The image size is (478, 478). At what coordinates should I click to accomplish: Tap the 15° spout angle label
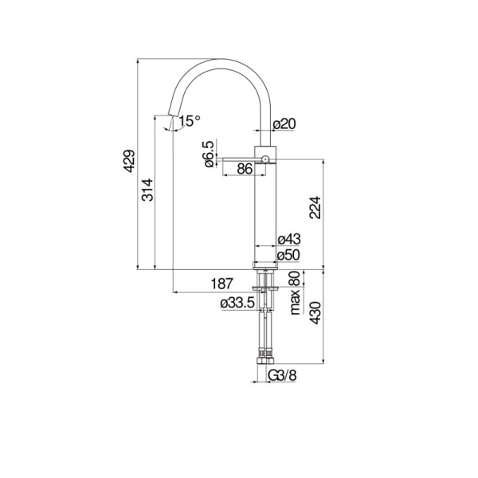[x=190, y=121]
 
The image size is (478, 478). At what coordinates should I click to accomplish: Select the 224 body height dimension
[x=316, y=209]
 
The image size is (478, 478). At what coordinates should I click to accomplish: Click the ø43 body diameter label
[x=288, y=240]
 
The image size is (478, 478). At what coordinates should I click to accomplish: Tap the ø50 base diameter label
[x=288, y=255]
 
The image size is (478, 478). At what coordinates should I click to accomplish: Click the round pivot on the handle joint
[x=266, y=159]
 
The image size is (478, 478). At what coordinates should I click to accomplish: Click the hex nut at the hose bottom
[x=264, y=360]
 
